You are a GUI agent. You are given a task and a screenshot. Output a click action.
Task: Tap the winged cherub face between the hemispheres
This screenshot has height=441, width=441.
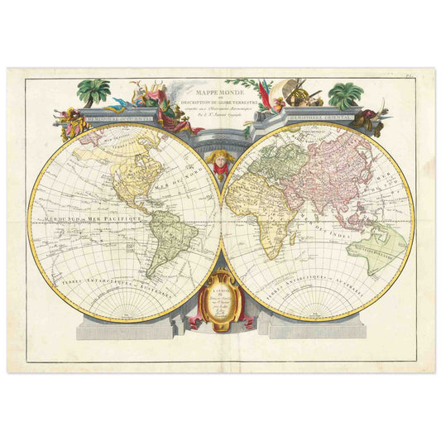click(x=220, y=161)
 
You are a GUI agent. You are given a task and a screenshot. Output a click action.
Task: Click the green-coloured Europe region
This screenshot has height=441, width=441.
click(x=269, y=157)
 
